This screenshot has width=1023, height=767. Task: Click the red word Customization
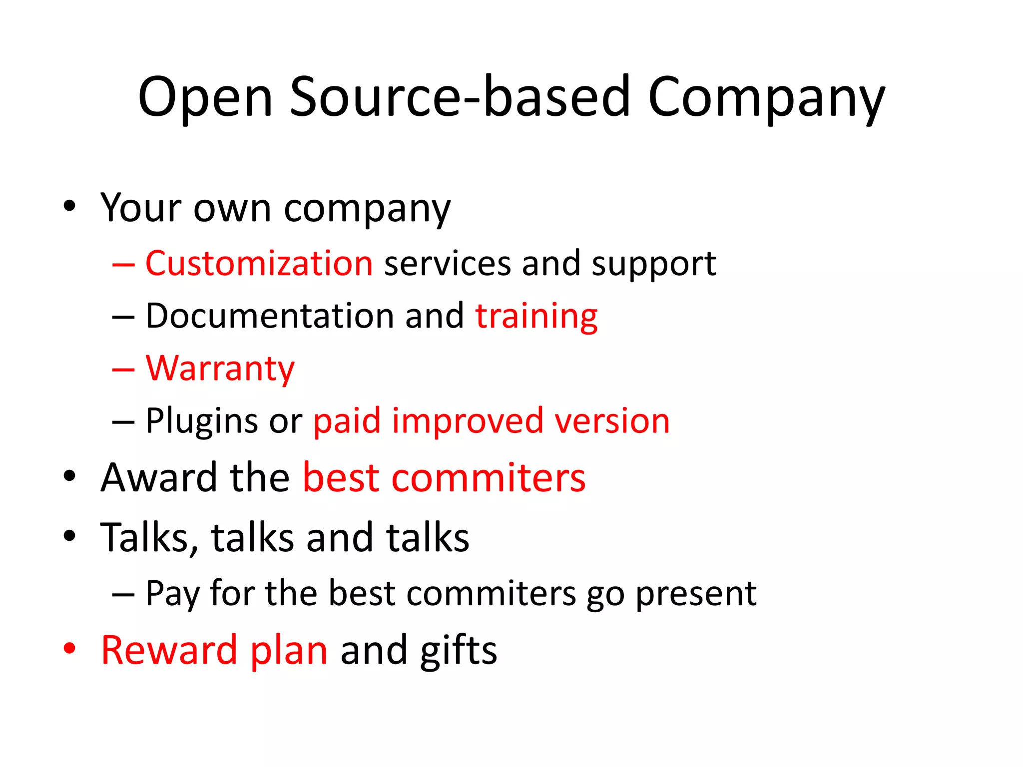pos(259,263)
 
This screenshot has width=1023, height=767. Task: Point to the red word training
pos(536,317)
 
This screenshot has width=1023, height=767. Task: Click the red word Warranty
pos(220,369)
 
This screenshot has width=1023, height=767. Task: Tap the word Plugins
pos(202,421)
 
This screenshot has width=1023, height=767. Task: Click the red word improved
pos(468,420)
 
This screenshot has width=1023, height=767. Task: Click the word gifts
pos(459,651)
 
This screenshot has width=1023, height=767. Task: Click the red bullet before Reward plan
pos(69,648)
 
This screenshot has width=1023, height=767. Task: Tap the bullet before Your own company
pos(69,205)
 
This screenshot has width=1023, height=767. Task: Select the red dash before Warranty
pos(123,369)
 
